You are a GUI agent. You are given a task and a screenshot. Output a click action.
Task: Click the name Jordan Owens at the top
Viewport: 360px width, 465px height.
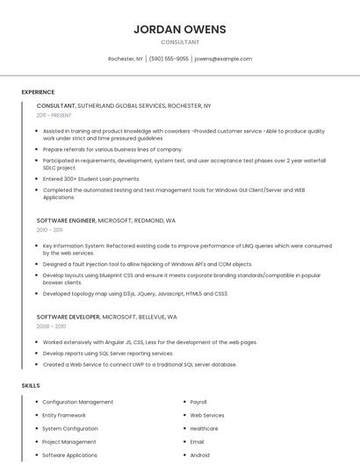click(x=180, y=29)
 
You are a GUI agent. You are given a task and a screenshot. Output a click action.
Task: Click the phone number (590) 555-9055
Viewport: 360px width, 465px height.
click(x=169, y=59)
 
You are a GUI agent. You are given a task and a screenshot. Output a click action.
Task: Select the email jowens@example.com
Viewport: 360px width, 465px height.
click(x=223, y=59)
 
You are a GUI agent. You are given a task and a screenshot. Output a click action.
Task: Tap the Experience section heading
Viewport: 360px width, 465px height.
click(x=38, y=91)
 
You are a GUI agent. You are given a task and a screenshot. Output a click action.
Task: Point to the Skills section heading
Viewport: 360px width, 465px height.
click(x=31, y=385)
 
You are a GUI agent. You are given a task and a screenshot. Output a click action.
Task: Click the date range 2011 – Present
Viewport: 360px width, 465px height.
click(x=54, y=115)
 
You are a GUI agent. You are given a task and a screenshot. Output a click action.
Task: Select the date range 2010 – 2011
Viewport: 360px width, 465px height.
click(x=49, y=230)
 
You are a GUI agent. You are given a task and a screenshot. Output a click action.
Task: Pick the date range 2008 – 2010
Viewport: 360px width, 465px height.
click(x=51, y=325)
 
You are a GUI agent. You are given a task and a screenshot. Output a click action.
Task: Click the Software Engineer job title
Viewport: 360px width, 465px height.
click(x=66, y=220)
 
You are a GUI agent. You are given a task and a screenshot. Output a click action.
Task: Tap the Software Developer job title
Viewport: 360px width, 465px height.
click(x=68, y=316)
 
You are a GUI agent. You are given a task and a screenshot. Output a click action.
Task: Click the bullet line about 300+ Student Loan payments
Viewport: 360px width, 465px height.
click(x=91, y=178)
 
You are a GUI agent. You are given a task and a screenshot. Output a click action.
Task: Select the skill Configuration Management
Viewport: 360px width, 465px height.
click(x=77, y=402)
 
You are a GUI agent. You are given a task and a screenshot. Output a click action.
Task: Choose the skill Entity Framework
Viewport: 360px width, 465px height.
click(x=64, y=415)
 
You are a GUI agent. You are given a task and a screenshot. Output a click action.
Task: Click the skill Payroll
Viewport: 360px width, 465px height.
click(x=198, y=402)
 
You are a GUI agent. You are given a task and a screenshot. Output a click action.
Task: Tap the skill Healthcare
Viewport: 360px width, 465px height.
click(x=204, y=428)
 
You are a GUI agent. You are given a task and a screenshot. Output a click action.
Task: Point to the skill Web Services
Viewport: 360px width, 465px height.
click(x=207, y=415)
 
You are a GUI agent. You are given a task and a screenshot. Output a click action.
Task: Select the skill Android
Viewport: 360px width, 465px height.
click(x=200, y=455)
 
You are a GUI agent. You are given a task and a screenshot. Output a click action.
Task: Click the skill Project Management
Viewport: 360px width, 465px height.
click(x=69, y=442)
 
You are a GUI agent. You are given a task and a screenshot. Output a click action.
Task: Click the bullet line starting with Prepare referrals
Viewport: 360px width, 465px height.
click(x=112, y=149)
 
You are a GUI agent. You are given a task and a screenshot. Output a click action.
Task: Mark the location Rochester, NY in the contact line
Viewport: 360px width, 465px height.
click(x=125, y=59)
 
